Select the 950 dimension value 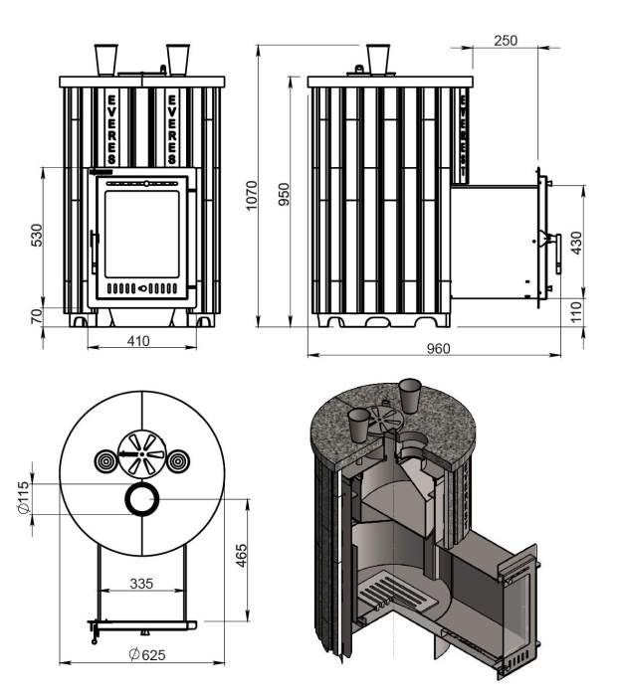(285, 194)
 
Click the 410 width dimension (138, 341)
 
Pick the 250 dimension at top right (506, 40)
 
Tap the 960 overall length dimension (439, 348)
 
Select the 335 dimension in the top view (140, 584)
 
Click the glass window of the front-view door (142, 233)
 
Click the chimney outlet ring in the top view (140, 500)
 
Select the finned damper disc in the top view (140, 458)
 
